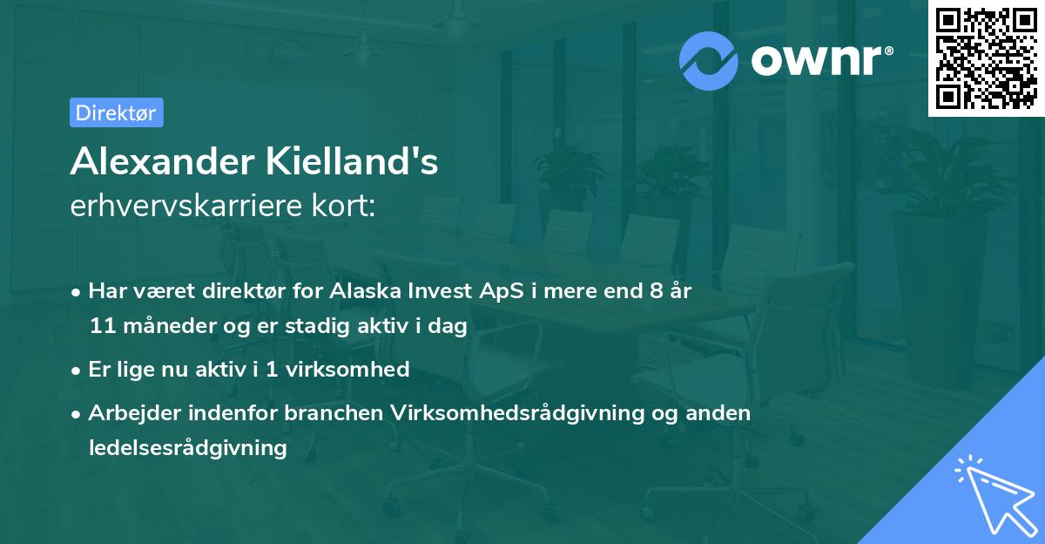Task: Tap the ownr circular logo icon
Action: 709,60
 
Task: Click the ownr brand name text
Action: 820,60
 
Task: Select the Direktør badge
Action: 116,112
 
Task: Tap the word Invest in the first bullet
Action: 422,291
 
